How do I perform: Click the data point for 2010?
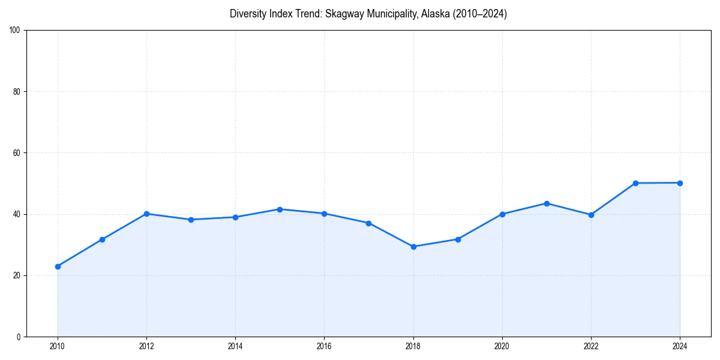click(58, 266)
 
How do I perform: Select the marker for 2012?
click(146, 214)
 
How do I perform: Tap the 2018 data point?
click(413, 247)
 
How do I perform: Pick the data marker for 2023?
click(635, 183)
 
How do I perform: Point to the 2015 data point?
click(280, 209)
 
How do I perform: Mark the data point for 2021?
click(547, 203)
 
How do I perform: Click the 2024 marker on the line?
click(680, 183)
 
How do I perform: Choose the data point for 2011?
click(102, 239)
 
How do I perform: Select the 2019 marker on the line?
click(458, 239)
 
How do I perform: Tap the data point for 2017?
click(368, 223)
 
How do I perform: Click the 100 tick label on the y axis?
click(16, 31)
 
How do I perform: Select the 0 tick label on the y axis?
click(19, 337)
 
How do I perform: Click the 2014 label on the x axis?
click(235, 346)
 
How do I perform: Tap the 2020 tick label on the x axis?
click(502, 346)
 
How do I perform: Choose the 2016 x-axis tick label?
click(324, 346)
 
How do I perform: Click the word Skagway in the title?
click(344, 14)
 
